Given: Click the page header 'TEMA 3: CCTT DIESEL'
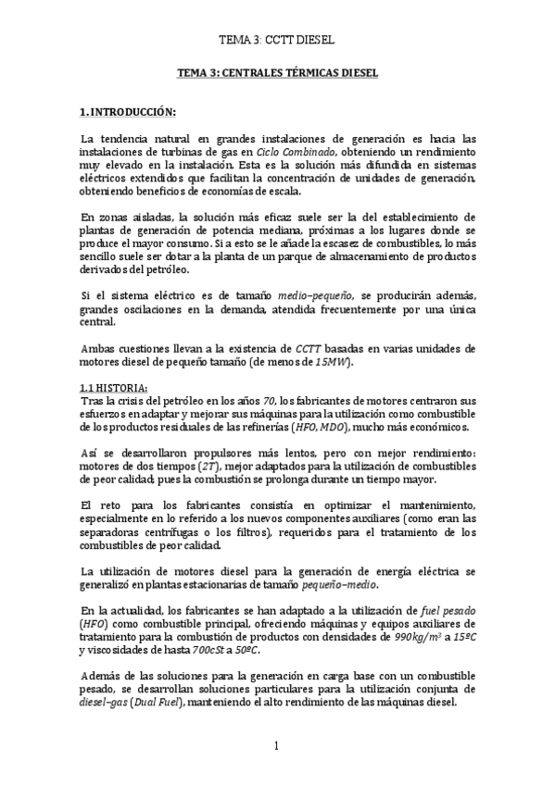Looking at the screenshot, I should tap(275, 42).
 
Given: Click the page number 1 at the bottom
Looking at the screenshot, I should tap(276, 745).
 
